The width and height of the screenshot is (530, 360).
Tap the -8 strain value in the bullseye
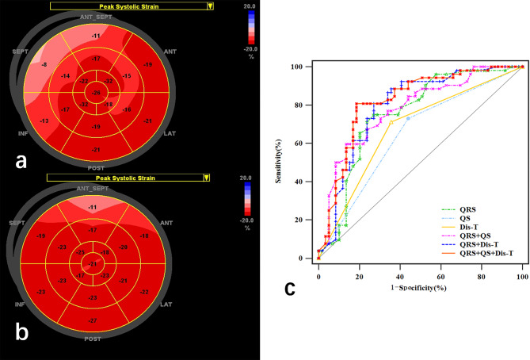44,64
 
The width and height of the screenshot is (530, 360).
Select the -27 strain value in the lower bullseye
96,321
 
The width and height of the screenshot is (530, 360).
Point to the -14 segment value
66,75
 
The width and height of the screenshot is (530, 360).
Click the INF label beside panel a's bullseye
24,133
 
